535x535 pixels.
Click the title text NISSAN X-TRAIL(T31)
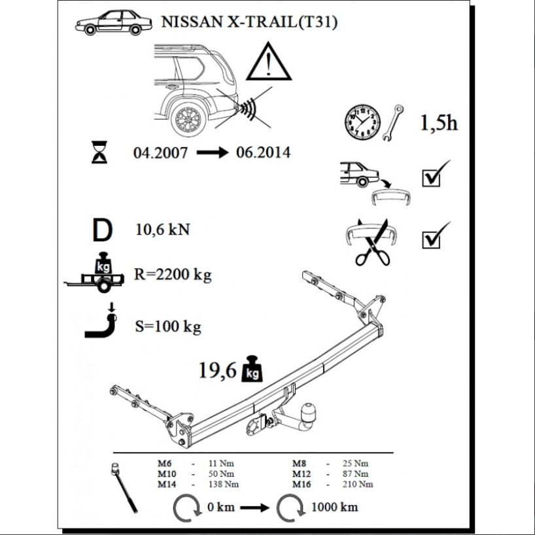(249, 22)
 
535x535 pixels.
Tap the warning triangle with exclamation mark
(269, 61)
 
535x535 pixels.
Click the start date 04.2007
(160, 153)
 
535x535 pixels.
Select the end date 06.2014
(263, 152)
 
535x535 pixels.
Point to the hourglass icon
(99, 152)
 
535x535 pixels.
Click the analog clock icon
(362, 122)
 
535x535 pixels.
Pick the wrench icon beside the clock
(392, 123)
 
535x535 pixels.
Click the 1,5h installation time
(438, 122)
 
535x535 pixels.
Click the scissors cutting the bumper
(373, 243)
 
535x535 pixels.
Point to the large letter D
(103, 230)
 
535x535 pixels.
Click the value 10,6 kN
(163, 230)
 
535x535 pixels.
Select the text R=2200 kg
(173, 275)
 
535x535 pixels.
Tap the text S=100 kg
(168, 326)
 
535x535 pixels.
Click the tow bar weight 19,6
(217, 370)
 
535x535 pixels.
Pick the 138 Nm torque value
(224, 484)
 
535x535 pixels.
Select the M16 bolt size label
(302, 484)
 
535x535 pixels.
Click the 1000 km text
(335, 507)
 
